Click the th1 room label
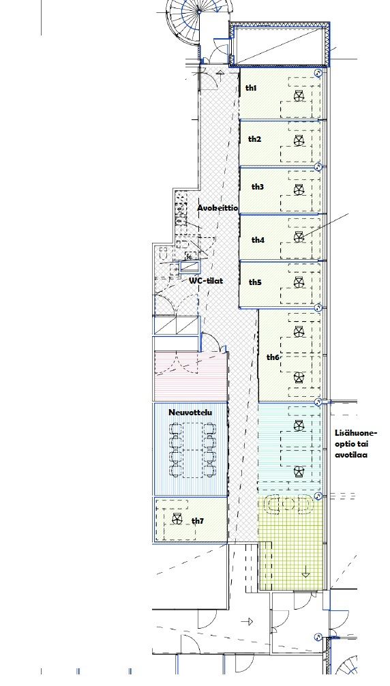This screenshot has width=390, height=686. coord(251,88)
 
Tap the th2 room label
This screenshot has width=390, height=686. coord(254,139)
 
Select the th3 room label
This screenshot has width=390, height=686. coord(258,187)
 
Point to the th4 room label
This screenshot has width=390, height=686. coord(258,240)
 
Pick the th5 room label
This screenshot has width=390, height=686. coord(255,282)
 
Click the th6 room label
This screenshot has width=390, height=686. coord(273,357)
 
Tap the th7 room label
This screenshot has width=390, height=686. coord(198,520)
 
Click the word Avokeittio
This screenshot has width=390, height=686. coord(217,208)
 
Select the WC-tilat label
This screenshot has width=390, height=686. coord(205,280)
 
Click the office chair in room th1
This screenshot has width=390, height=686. coord(299,96)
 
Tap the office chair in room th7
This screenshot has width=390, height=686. coord(177,520)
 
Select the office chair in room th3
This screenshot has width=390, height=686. coord(299,190)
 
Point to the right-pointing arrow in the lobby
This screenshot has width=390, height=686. coord(247,621)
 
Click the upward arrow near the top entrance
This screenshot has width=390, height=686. coord(220,74)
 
